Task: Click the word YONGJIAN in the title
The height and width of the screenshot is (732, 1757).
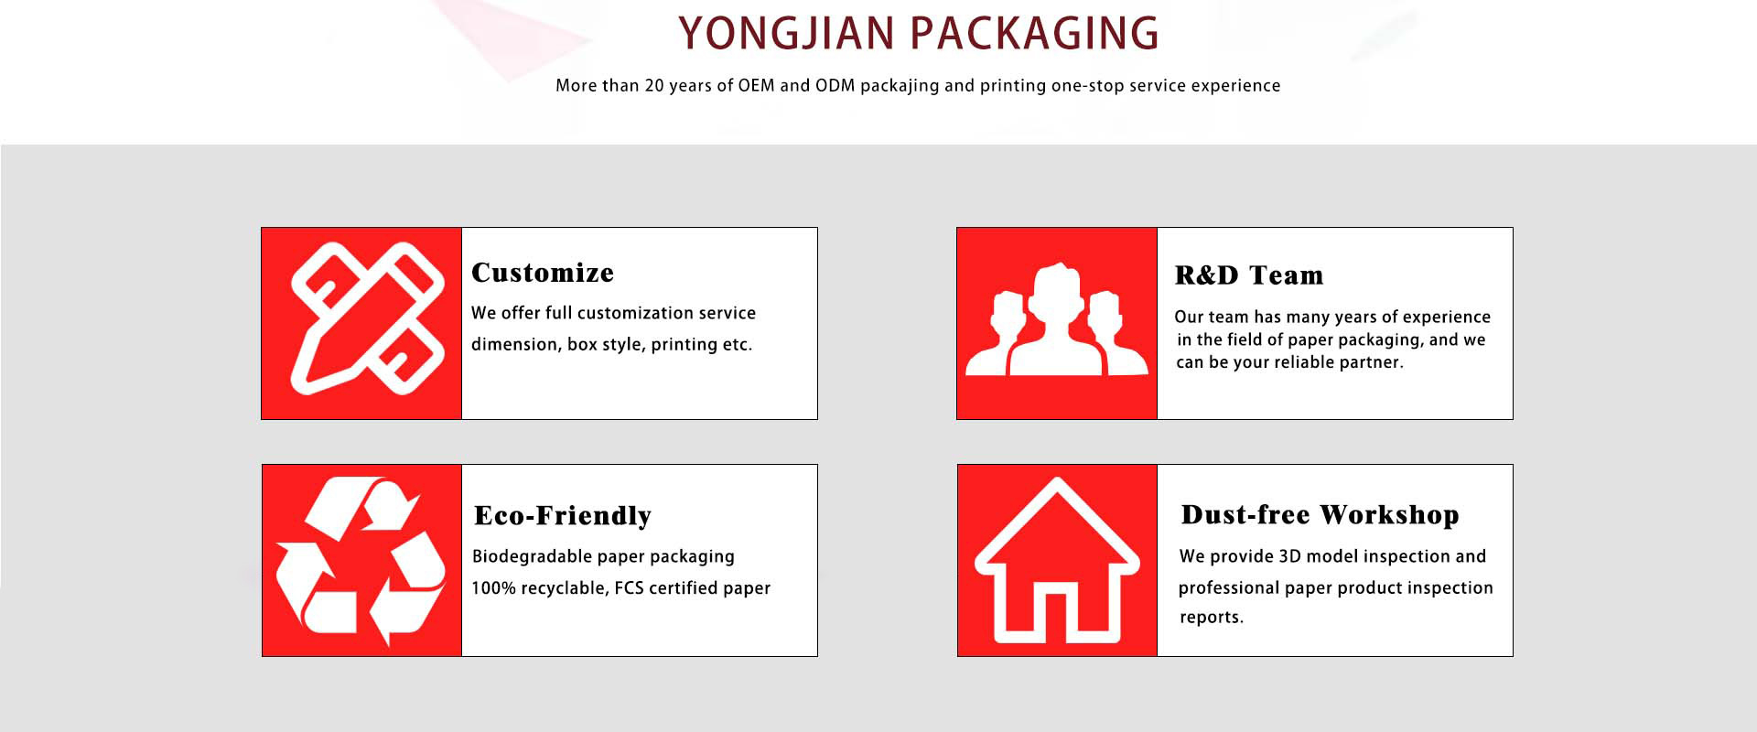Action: (786, 34)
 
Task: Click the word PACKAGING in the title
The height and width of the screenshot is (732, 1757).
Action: (1035, 34)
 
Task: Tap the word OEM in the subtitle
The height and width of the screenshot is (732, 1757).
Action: (756, 85)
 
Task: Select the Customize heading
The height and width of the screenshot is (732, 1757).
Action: (543, 273)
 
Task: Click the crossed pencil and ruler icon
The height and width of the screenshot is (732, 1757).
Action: (367, 318)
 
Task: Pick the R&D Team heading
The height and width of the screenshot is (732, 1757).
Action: (1249, 275)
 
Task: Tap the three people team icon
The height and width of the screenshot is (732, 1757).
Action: (1057, 320)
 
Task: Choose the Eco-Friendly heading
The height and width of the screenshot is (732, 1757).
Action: (563, 516)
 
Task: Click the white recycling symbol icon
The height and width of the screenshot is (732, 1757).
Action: (361, 560)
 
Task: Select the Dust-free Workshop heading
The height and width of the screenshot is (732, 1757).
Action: (1320, 515)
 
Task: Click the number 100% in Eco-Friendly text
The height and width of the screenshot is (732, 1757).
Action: (493, 588)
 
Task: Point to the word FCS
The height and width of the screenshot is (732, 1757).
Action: (629, 588)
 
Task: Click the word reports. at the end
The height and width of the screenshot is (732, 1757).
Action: (1212, 618)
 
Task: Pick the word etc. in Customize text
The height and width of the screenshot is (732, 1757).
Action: (738, 345)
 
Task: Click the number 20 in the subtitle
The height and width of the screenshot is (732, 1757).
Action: (654, 85)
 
